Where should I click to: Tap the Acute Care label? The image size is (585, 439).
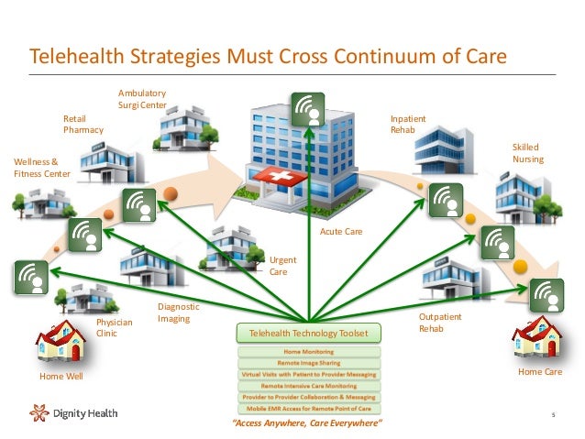340,233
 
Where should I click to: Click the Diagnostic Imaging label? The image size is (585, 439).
178,313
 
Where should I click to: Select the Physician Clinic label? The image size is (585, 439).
115,328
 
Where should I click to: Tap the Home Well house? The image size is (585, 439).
60,345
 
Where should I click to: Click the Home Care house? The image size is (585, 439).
537,339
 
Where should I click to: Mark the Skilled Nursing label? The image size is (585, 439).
527,153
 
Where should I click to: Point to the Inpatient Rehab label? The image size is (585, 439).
408,125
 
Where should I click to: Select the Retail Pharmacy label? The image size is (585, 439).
83,125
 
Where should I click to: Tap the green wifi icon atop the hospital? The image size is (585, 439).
309,110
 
